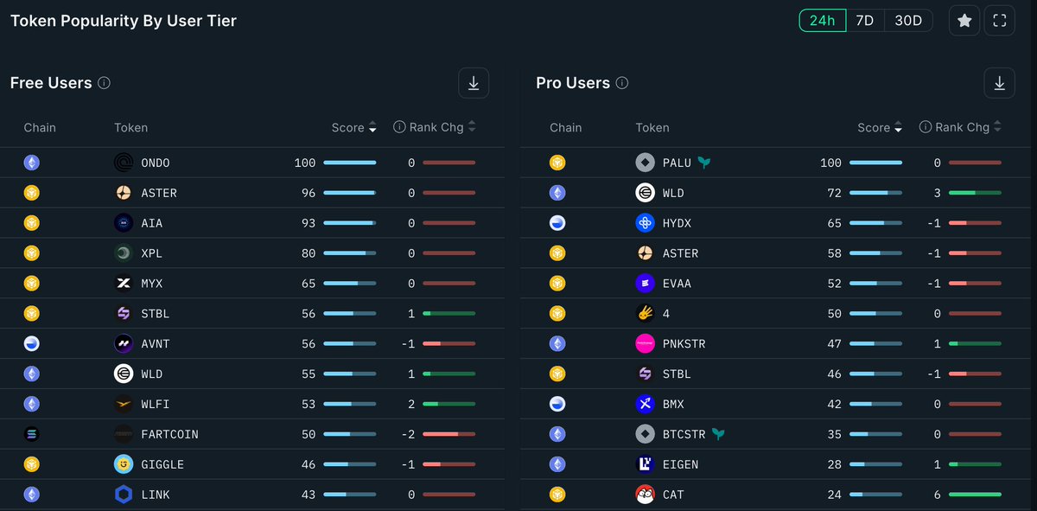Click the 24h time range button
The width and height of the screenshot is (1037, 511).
(x=821, y=21)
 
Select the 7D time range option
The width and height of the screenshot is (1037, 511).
(x=864, y=21)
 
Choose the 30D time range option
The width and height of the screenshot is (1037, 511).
(x=908, y=21)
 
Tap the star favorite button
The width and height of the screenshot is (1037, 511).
(x=964, y=21)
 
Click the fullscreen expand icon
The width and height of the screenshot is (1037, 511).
(x=1000, y=21)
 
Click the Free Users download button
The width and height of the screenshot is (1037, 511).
(x=474, y=83)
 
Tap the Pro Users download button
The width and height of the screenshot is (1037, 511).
(x=999, y=83)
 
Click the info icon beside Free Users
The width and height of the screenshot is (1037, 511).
(x=104, y=84)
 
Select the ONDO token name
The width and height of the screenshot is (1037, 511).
(x=156, y=163)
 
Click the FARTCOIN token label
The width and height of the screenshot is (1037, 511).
(x=169, y=434)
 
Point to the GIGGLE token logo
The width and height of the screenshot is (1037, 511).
(x=124, y=464)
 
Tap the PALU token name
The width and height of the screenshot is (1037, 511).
(x=677, y=163)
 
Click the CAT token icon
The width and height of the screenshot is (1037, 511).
(x=645, y=495)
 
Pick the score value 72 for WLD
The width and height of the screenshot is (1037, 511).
(x=834, y=193)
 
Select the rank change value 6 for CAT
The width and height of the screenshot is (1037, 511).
(x=938, y=495)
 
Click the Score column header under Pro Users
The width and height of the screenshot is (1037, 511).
(x=874, y=127)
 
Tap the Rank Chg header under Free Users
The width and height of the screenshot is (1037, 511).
(x=436, y=127)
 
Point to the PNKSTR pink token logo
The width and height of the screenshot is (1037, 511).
(x=645, y=343)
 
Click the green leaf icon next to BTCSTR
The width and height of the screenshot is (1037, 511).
(x=717, y=434)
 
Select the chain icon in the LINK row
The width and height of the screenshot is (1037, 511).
(x=32, y=495)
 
